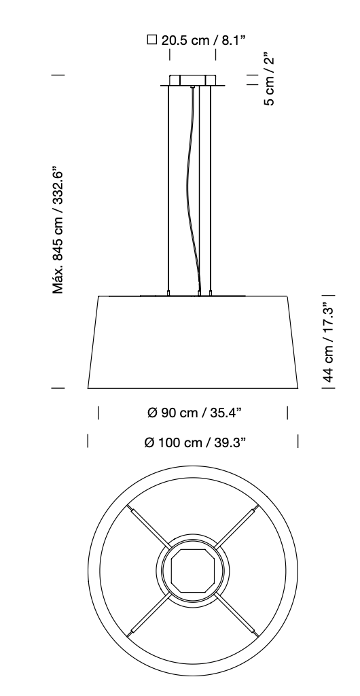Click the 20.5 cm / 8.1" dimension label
[x=202, y=40]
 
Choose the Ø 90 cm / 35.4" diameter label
[x=195, y=413]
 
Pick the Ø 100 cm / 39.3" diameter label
[x=195, y=442]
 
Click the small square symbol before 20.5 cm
[x=152, y=40]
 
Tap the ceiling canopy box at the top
[x=193, y=80]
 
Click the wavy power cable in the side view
[x=191, y=190]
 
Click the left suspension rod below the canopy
[x=168, y=190]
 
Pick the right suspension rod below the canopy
[x=211, y=190]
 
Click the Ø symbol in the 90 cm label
[x=152, y=413]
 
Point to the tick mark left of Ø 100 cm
[x=88, y=442]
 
